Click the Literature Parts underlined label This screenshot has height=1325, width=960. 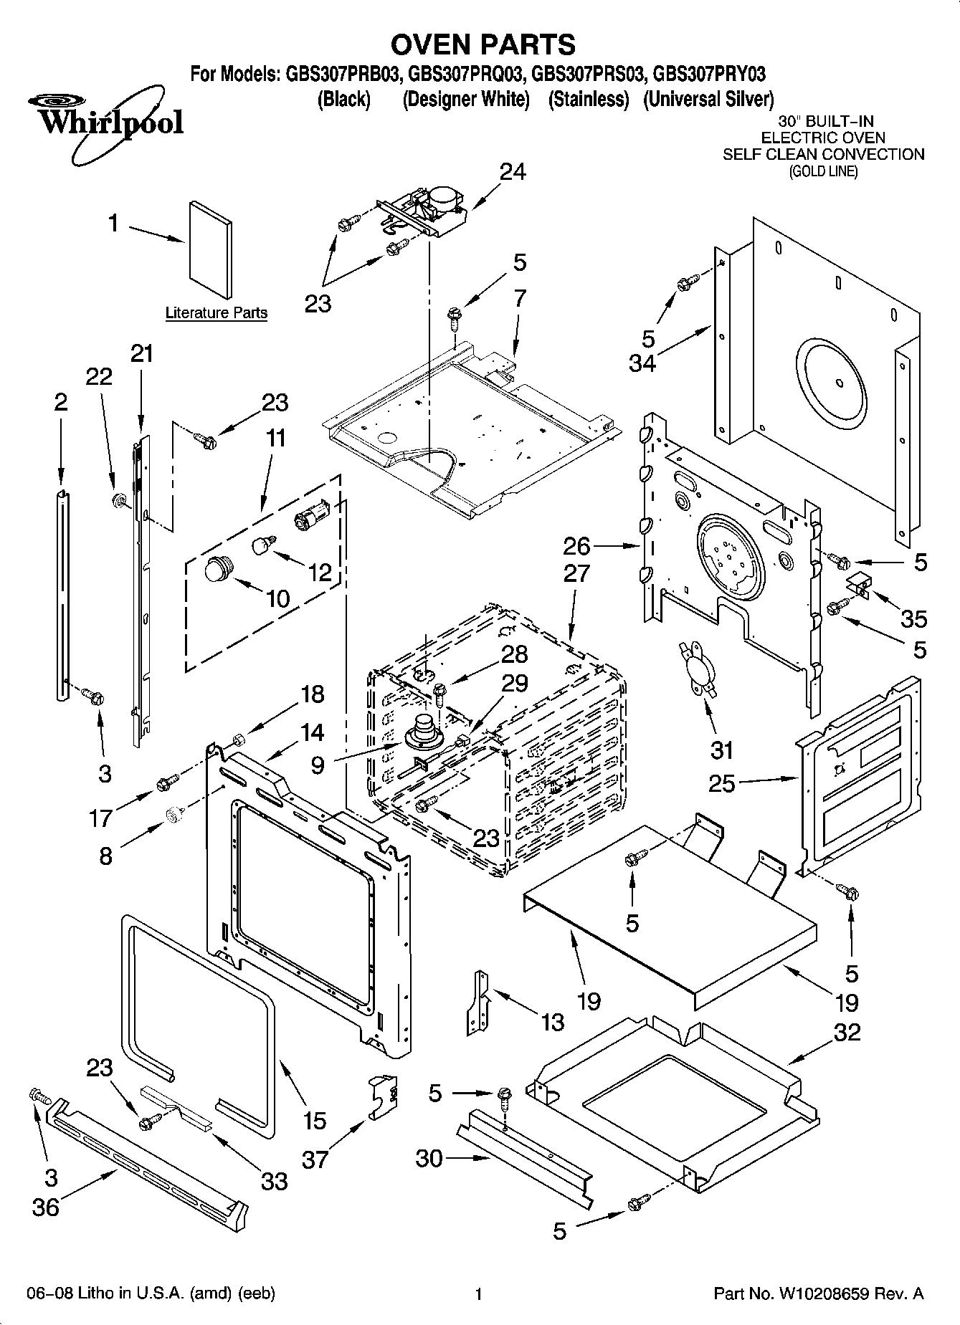(216, 313)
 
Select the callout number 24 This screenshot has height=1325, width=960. (513, 172)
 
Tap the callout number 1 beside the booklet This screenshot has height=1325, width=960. (113, 224)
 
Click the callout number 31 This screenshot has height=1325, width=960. (721, 750)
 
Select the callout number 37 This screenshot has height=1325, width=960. (315, 1159)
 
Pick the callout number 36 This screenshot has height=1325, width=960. (46, 1207)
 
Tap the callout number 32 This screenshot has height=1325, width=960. (847, 1033)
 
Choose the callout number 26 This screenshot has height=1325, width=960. (576, 547)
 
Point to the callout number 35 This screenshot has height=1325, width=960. (914, 618)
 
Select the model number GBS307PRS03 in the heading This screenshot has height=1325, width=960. (587, 75)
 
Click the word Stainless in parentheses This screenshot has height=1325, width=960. (588, 100)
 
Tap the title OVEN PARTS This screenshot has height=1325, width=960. (482, 44)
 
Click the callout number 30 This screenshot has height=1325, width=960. (429, 1158)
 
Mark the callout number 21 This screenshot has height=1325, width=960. (142, 354)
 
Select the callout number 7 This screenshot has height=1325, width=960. (520, 298)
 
